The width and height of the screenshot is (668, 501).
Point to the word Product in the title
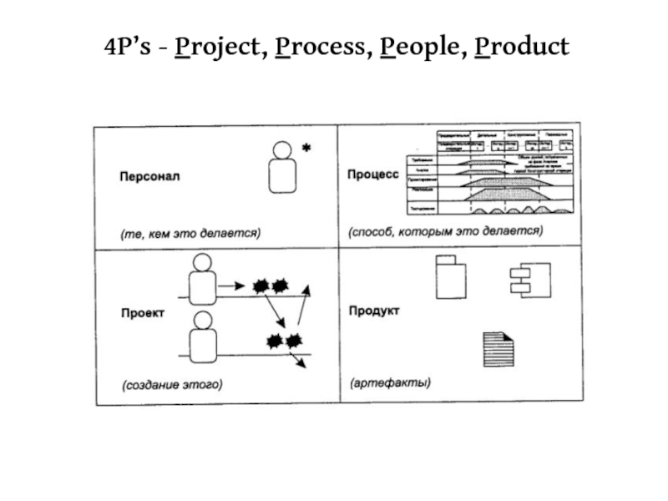click(522, 47)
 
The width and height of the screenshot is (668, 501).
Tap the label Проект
click(142, 313)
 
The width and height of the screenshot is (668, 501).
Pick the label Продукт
click(373, 311)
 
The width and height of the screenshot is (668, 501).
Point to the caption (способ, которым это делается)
click(445, 231)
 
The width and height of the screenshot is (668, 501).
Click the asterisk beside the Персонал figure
click(306, 149)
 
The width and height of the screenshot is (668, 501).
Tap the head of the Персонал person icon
click(283, 150)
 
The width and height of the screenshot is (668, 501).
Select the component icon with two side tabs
click(529, 278)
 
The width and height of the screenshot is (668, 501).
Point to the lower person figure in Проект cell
click(201, 339)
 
